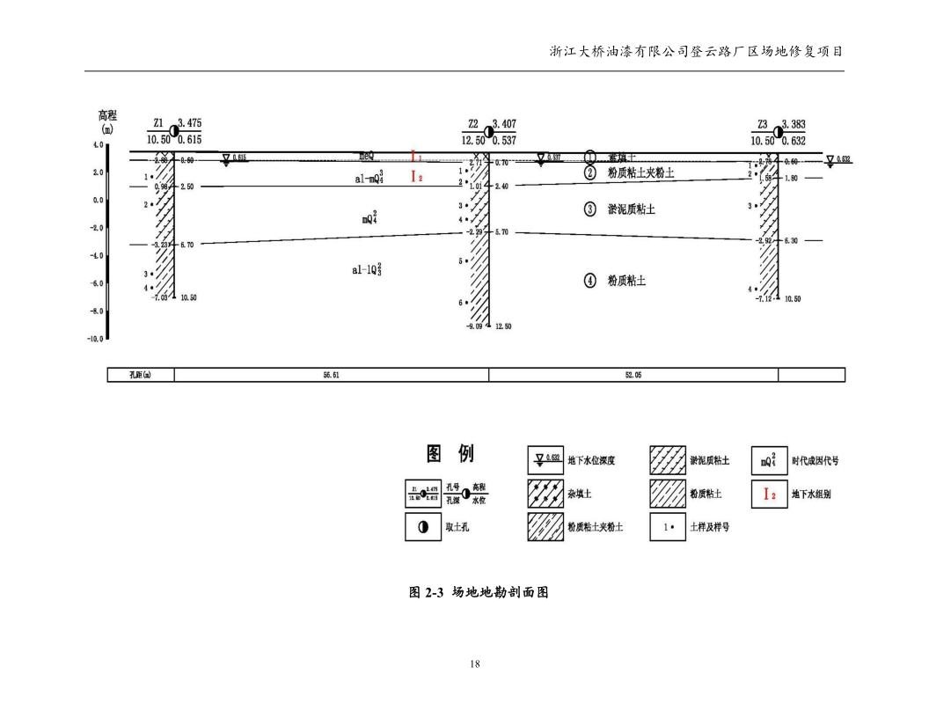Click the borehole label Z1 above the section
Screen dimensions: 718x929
coord(159,125)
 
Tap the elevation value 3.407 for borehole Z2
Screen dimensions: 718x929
coord(508,124)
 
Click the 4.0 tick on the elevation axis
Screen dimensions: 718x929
coord(97,144)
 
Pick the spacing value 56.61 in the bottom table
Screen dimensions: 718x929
coord(333,376)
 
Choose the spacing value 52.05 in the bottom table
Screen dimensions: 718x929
coord(633,376)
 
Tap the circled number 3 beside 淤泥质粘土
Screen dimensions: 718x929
coord(591,209)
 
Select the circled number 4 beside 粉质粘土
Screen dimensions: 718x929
coord(591,281)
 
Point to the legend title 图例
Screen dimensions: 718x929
coord(450,453)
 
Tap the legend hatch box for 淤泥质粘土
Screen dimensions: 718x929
coord(668,460)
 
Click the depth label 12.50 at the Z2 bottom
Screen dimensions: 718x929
coord(503,326)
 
